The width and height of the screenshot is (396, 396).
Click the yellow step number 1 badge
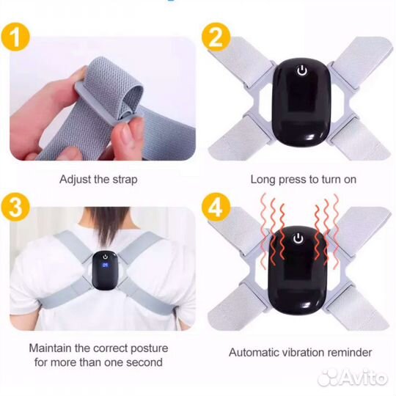pos(15,37)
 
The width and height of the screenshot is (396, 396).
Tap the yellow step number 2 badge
pos(216,37)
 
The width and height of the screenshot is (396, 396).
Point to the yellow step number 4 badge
pos(216,207)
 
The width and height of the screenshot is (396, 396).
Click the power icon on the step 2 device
pos(302,70)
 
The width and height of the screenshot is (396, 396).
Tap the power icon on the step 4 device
pos(298,238)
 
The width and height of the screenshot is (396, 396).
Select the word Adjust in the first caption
pos(76,180)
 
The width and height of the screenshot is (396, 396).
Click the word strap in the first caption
pos(125,180)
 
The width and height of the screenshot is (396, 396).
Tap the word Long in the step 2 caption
pos(263,180)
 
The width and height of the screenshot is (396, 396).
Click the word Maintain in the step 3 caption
pos(51,348)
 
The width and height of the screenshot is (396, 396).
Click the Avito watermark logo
pos(353,378)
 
